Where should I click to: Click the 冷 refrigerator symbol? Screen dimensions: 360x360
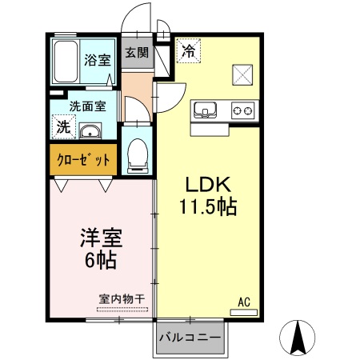click(189, 50)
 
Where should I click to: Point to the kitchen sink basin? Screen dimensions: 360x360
click(205, 110)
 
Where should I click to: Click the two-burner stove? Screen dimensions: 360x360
click(242, 110)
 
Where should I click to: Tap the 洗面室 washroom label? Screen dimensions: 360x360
click(87, 106)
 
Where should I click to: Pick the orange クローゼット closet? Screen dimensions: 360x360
click(83, 159)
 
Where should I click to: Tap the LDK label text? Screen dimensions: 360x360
click(206, 183)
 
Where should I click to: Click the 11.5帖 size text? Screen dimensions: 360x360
click(206, 207)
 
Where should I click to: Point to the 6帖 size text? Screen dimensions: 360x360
click(100, 260)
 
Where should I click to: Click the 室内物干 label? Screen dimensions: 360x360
click(122, 299)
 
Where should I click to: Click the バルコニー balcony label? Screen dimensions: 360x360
click(189, 338)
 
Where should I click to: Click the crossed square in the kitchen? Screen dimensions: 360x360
click(242, 74)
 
